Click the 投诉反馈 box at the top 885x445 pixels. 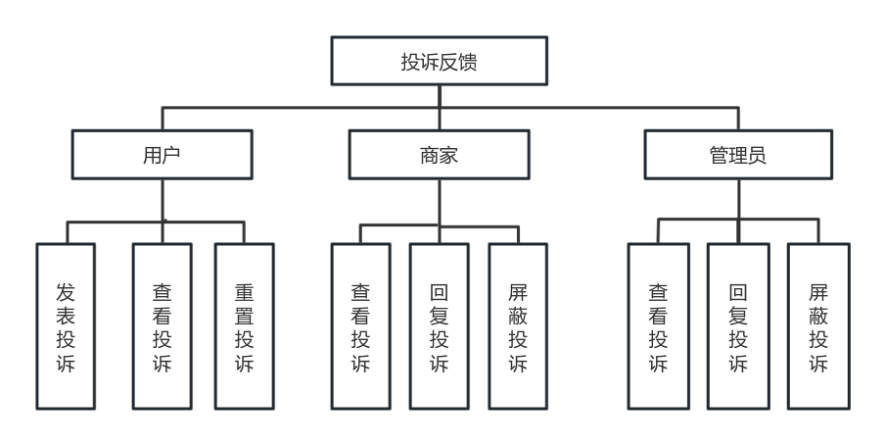pos(440,61)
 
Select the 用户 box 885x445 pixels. pos(162,154)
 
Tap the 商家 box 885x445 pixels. pos(440,154)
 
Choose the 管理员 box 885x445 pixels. pos(738,154)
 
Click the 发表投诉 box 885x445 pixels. pos(66,326)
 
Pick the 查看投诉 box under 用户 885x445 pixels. pos(162,326)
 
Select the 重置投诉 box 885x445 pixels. pos(245,326)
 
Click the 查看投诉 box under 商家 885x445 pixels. pos(360,326)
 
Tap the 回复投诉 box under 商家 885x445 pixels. pos(440,326)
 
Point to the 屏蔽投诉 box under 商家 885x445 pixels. pos(518,326)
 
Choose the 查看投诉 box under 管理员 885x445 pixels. pos(659,326)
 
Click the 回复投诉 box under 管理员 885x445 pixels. pos(738,326)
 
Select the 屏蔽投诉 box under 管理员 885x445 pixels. pos(818,326)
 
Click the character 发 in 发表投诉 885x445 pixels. pos(66,292)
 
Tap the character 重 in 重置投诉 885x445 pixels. pos(245,292)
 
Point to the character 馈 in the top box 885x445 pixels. pos(468,62)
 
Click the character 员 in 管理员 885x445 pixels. pos(758,155)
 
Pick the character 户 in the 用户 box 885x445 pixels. pos(171,155)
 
